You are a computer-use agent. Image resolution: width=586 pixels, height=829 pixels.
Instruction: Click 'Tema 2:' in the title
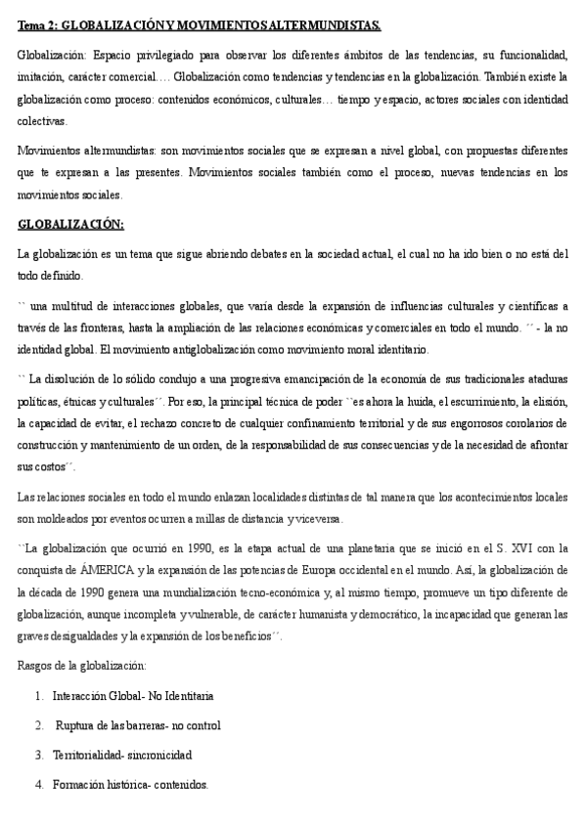click(x=39, y=22)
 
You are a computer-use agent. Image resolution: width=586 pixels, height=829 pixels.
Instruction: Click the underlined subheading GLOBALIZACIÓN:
click(x=70, y=225)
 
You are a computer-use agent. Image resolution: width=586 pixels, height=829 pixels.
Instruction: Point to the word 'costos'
click(x=50, y=468)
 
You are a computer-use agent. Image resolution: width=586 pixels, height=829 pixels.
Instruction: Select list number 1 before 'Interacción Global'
click(x=38, y=696)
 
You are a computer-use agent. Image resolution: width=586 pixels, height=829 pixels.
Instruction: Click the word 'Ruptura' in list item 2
click(x=75, y=725)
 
